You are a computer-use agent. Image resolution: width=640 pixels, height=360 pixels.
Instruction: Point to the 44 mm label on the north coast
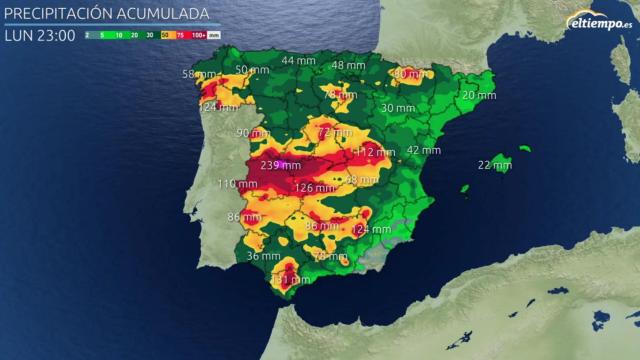(x=297, y=61)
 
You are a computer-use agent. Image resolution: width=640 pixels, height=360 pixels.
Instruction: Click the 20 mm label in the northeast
(x=478, y=95)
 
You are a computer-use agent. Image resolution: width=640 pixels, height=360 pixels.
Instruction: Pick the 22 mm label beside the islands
(x=495, y=165)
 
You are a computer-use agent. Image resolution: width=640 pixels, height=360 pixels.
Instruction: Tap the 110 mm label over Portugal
(x=237, y=184)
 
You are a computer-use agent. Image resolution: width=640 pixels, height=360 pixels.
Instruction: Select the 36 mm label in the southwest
(x=263, y=256)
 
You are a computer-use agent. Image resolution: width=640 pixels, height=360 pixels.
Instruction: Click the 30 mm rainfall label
(x=397, y=108)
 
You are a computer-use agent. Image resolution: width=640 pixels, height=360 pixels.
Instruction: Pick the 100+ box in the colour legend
(x=199, y=35)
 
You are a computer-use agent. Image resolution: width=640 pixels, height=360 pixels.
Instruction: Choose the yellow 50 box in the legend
(x=164, y=35)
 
